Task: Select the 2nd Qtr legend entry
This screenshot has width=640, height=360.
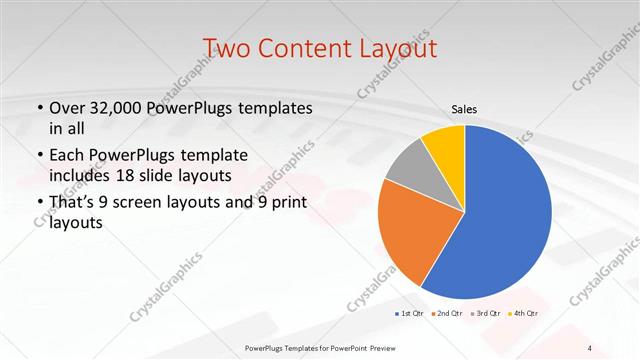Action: [x=449, y=314]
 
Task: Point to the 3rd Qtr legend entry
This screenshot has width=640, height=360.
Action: [x=487, y=314]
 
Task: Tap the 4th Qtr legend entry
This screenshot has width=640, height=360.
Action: [x=525, y=314]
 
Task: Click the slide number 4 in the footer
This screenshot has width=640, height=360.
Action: [x=590, y=347]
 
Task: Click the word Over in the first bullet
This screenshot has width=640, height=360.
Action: [x=66, y=107]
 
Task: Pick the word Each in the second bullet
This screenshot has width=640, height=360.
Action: [x=67, y=155]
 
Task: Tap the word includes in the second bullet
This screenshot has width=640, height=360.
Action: [x=82, y=176]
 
